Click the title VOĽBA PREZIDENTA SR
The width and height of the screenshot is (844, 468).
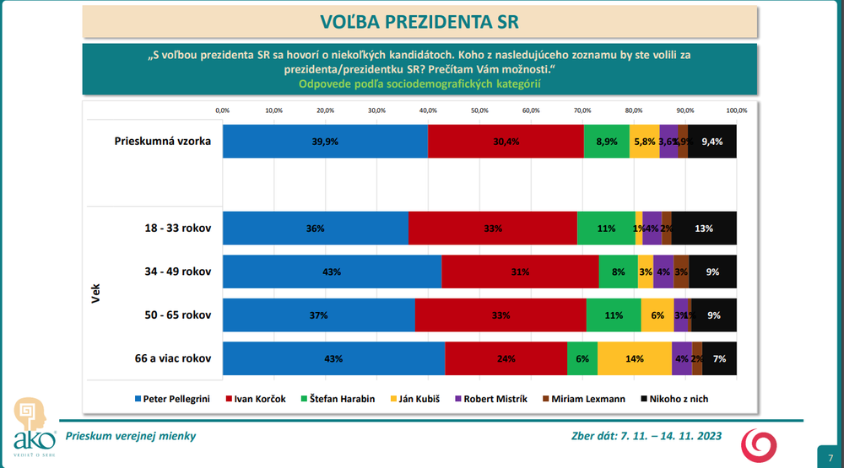coord(419,20)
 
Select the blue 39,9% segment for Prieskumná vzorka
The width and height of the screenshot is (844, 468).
coord(325,142)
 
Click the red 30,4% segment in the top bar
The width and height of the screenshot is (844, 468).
coord(506,142)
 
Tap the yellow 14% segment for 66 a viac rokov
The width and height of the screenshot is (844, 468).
coord(635,358)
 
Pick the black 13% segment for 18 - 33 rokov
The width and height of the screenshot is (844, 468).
coord(704,229)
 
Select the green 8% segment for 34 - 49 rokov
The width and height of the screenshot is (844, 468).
coord(618,272)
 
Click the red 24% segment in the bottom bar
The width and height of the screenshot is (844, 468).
coord(506,358)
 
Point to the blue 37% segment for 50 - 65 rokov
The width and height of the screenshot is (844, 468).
coord(318,315)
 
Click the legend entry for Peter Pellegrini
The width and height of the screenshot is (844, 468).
coord(173,398)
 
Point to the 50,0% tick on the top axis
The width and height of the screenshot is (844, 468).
coord(479,110)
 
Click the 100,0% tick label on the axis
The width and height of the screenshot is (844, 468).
coord(736,110)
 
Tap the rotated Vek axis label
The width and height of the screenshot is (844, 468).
coord(95,293)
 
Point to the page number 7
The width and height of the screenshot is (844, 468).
coord(830,457)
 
